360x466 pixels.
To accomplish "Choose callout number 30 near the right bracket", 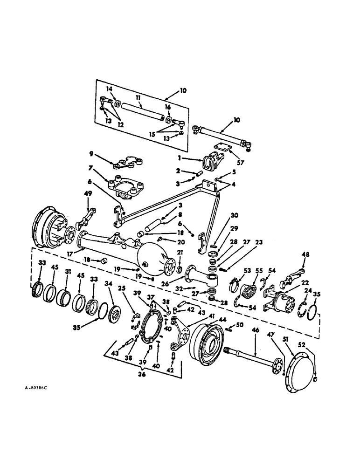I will pos(234,215).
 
